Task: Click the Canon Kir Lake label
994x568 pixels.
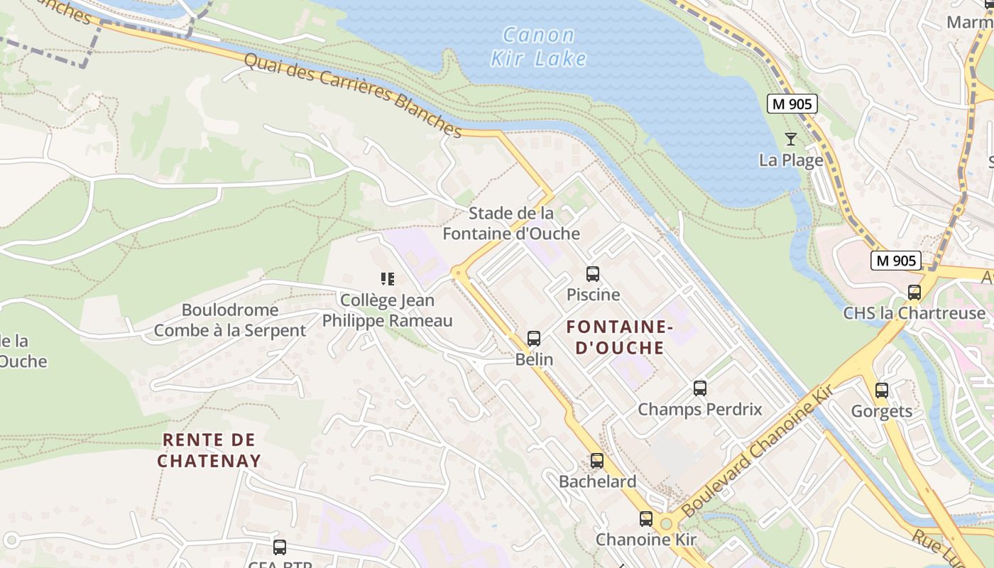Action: (539, 46)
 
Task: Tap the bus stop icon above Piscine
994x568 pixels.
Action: (593, 274)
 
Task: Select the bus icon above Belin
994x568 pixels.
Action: (534, 339)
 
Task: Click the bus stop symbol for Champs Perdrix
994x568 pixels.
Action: (700, 388)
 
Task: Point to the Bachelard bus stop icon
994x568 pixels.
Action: (597, 461)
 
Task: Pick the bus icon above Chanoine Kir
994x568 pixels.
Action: (645, 519)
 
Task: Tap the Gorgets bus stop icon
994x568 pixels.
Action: (882, 390)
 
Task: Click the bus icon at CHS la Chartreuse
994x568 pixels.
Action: (914, 293)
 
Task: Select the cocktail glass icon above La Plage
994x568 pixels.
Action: (791, 139)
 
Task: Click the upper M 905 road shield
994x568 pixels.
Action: (792, 104)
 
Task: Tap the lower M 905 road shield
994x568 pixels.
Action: (896, 261)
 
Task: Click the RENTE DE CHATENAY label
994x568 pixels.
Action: (209, 450)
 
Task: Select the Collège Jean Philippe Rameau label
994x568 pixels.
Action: (387, 310)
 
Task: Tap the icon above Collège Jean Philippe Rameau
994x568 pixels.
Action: (387, 279)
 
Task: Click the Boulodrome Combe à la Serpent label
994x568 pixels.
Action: (230, 320)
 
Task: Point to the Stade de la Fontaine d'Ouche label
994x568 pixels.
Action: (511, 223)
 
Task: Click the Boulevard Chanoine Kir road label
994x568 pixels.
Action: (757, 452)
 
